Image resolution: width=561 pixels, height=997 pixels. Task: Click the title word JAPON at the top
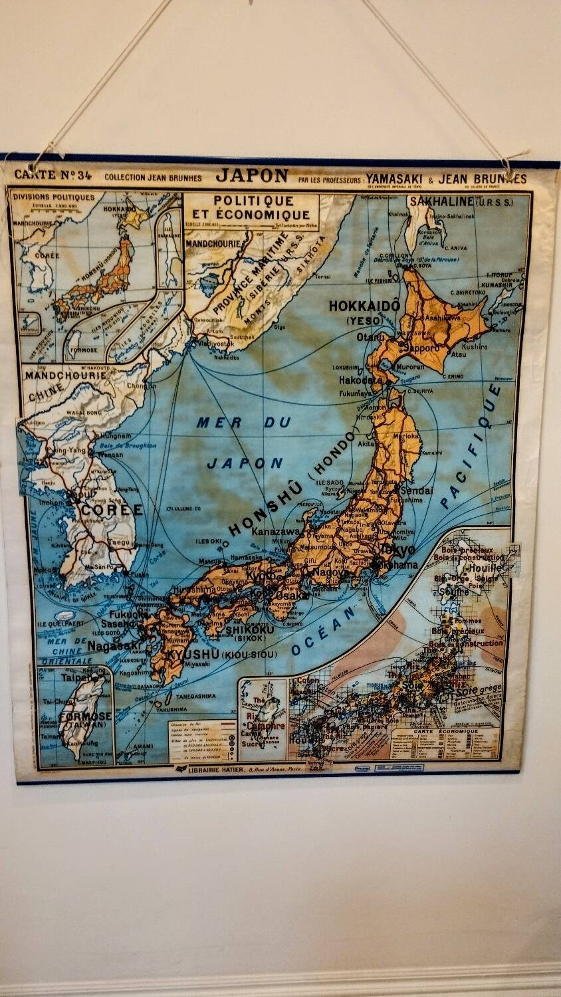[x=252, y=176]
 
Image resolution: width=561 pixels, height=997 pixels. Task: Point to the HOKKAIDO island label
[x=364, y=306]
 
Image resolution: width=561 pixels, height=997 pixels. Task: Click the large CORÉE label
[x=112, y=510]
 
